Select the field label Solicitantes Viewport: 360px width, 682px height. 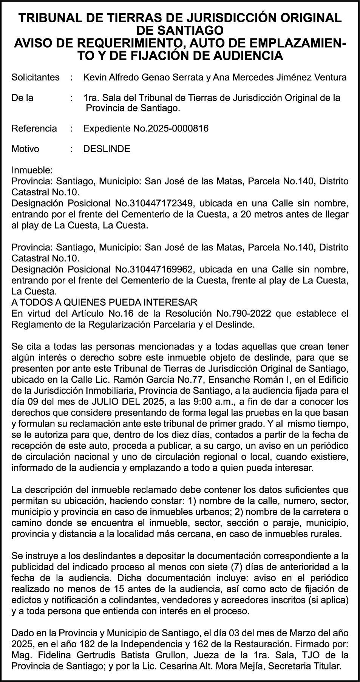36,77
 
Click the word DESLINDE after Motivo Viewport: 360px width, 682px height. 107,149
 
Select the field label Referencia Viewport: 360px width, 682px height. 34,128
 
